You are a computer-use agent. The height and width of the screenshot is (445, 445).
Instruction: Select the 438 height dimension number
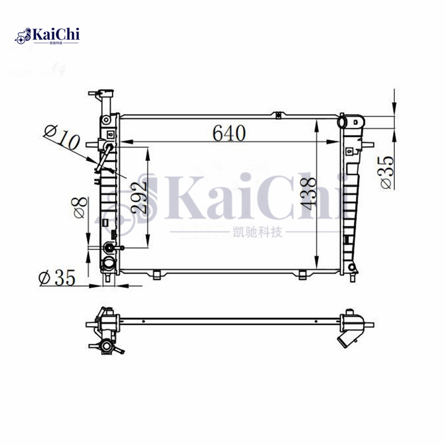(309, 192)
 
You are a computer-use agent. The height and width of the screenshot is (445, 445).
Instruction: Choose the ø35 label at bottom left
(57, 278)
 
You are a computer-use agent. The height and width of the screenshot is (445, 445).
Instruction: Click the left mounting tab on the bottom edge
(158, 274)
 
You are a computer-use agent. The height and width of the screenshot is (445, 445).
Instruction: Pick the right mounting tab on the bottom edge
(302, 274)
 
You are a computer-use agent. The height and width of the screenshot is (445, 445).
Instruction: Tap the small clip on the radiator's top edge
(276, 114)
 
